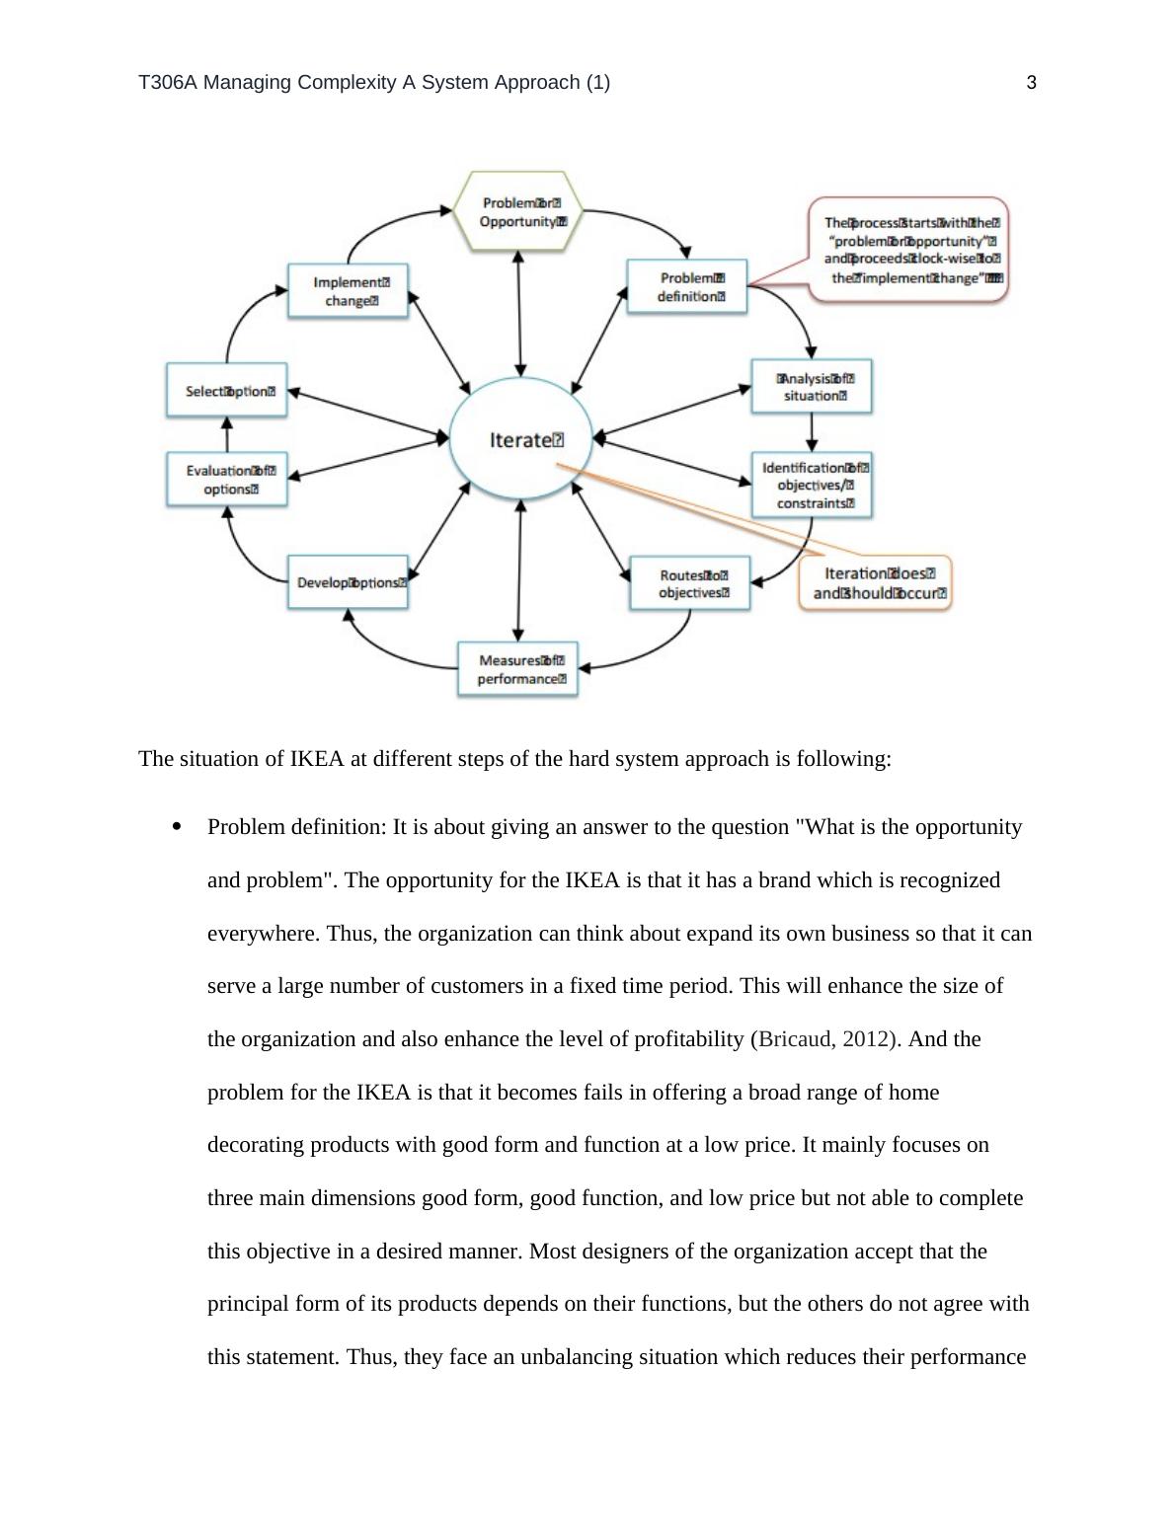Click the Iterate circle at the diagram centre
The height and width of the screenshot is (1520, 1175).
click(x=520, y=440)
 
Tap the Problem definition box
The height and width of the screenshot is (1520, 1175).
click(x=688, y=287)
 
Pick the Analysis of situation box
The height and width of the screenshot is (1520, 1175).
click(x=812, y=386)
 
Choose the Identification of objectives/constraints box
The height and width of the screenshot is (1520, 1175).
click(x=812, y=485)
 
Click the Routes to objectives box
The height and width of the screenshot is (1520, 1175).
click(x=690, y=583)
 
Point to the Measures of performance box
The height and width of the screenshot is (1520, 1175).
click(x=518, y=669)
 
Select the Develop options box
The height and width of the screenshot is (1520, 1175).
click(x=348, y=582)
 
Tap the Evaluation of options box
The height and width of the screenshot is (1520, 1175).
click(x=227, y=480)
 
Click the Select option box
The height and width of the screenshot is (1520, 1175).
click(x=227, y=391)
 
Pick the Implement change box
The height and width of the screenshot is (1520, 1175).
click(x=348, y=290)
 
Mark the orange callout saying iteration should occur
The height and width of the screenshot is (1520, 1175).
click(x=876, y=583)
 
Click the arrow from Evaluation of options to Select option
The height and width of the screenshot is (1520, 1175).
click(x=227, y=435)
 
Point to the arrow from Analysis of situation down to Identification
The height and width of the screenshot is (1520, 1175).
click(x=812, y=431)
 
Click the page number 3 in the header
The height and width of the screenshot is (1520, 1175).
click(x=1032, y=83)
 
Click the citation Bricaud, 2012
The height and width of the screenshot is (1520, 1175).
click(x=823, y=1039)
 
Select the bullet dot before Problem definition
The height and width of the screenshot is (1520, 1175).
click(x=178, y=827)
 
